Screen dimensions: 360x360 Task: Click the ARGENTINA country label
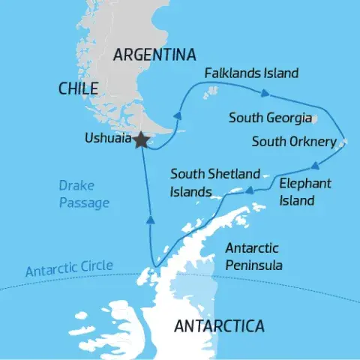[154, 55]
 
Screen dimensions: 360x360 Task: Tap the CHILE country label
[78, 88]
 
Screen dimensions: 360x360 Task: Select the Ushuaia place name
[107, 139]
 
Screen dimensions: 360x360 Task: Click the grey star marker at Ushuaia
[140, 140]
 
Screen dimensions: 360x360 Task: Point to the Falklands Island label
[252, 73]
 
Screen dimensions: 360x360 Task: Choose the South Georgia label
[271, 118]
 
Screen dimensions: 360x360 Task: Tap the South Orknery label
[294, 141]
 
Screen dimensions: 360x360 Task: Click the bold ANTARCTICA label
[218, 326]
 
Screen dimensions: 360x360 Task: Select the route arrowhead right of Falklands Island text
[265, 94]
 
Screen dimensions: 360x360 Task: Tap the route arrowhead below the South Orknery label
[317, 167]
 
